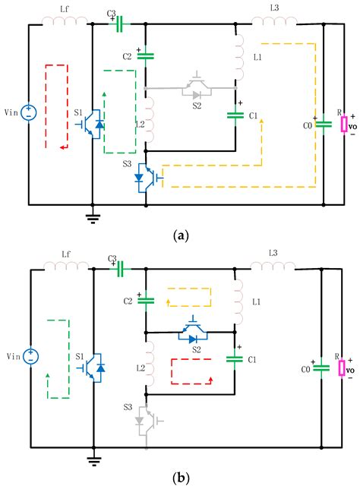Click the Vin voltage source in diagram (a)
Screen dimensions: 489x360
pos(29,113)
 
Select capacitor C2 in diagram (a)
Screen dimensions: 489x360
pos(144,55)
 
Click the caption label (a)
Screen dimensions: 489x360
pos(180,235)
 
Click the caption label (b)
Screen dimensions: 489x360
pos(180,480)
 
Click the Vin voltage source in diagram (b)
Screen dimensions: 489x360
pos(29,357)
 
